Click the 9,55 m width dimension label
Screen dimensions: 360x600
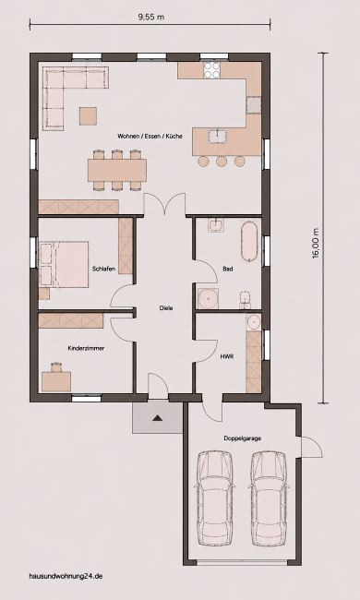[x=150, y=17]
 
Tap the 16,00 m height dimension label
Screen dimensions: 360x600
[x=316, y=244]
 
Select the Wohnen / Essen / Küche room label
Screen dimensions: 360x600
[x=150, y=137]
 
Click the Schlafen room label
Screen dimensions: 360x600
[x=103, y=269]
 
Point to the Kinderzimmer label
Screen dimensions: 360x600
[x=86, y=349]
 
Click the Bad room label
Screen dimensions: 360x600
[x=228, y=269]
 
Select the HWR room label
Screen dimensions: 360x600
[x=227, y=356]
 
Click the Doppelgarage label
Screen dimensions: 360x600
[x=243, y=438]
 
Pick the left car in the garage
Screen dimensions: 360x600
[x=215, y=498]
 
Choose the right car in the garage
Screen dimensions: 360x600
[x=269, y=498]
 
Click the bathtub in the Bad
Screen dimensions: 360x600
[x=249, y=241]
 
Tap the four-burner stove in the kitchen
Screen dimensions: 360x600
[x=211, y=70]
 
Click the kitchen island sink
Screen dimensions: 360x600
[x=218, y=137]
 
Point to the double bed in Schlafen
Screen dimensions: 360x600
[x=64, y=264]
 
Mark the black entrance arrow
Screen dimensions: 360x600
[x=157, y=418]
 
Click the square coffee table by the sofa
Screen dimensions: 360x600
[x=88, y=116]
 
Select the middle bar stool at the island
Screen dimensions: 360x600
[x=222, y=162]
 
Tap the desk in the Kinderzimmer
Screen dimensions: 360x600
[x=56, y=381]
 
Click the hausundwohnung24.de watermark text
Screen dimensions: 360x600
[x=66, y=576]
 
